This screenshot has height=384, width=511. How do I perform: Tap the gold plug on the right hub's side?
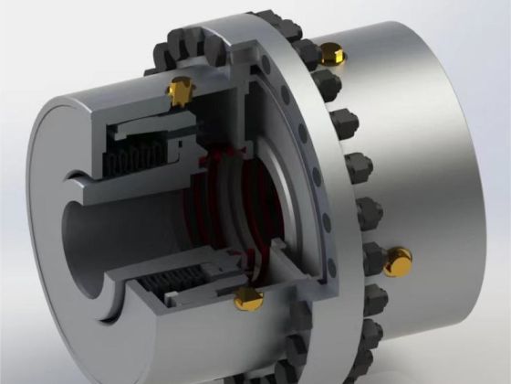coord(398,261)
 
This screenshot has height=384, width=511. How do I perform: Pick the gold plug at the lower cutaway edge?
coord(247,296)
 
